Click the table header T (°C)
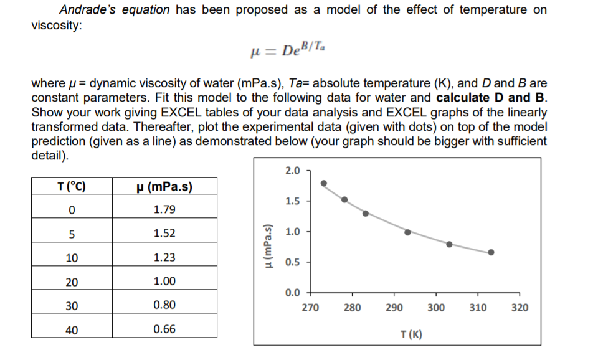point(72,186)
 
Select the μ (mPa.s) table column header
point(164,186)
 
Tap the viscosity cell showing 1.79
point(164,209)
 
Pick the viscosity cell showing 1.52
point(164,234)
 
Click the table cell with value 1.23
point(164,257)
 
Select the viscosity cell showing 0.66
point(164,329)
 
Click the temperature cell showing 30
point(72,305)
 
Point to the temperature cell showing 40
point(72,329)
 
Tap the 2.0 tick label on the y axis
point(292,170)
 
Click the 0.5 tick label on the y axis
point(292,262)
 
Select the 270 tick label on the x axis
point(310,308)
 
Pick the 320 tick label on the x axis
point(520,308)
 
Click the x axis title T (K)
point(411,334)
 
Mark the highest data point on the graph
point(323,183)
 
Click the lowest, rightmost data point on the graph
point(491,252)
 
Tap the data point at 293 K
point(407,232)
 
